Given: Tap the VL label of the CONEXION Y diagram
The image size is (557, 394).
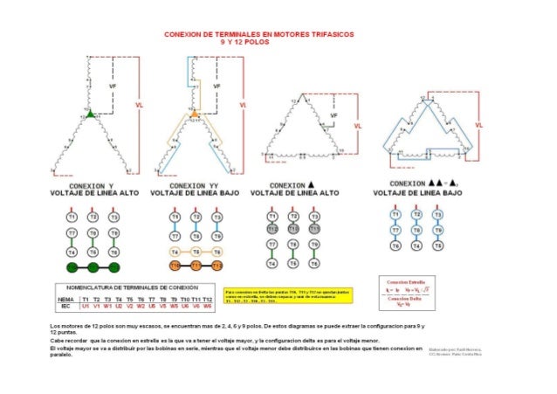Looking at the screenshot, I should tap(141, 104).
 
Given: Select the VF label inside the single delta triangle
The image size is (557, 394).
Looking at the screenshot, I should tap(322, 120).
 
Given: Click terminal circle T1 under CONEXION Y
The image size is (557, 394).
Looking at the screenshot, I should tap(72, 216).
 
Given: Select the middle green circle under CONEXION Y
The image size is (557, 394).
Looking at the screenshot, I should tap(93, 266).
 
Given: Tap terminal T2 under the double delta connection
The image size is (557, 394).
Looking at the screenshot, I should tap(416, 216).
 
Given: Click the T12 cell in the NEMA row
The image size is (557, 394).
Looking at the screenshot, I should tap(207, 300).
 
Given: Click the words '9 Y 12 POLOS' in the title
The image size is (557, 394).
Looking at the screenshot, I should tap(244, 42).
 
